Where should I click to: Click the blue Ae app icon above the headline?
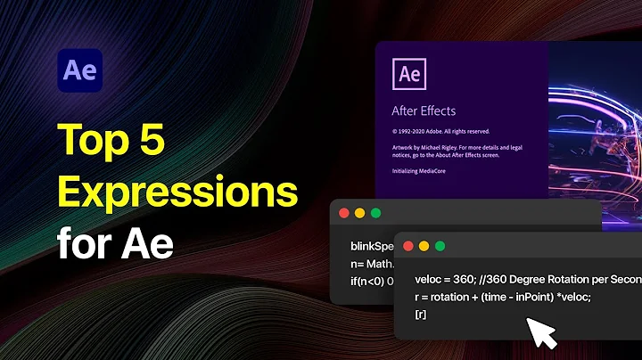pos(79,71)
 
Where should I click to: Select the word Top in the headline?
pos(91,138)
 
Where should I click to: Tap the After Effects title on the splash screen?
pos(424,111)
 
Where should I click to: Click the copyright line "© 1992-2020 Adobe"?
pos(420,130)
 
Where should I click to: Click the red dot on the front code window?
pos(408,246)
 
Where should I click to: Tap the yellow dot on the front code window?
pos(424,246)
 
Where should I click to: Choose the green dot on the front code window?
pos(440,246)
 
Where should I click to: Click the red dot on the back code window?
pos(344,214)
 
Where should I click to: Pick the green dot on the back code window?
pos(375,214)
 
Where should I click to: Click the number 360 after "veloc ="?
pos(465,279)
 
